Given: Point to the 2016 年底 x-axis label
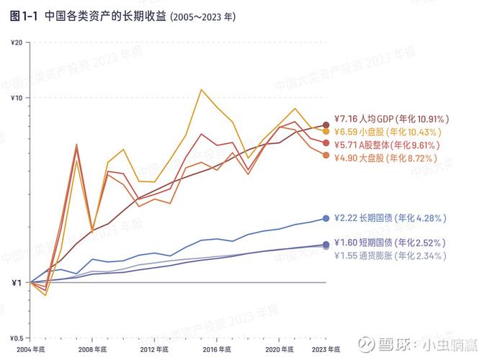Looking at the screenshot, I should [215, 349].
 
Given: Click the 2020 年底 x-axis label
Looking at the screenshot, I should [277, 349].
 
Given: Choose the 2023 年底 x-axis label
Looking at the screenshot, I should [323, 349].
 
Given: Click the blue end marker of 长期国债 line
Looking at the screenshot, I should [326, 218].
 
